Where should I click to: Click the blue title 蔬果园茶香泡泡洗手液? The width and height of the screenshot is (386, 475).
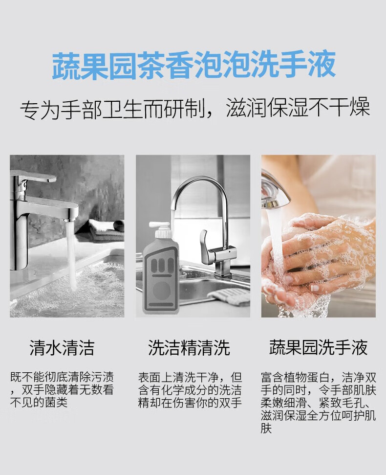[194, 65]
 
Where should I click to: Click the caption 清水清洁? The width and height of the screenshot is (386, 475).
[62, 348]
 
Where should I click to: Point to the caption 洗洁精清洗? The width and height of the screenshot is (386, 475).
[189, 348]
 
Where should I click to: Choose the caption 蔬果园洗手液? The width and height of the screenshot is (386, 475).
[318, 348]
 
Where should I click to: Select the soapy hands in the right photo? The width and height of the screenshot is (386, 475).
[318, 259]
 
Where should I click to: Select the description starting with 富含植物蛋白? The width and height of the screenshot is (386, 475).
[318, 403]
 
